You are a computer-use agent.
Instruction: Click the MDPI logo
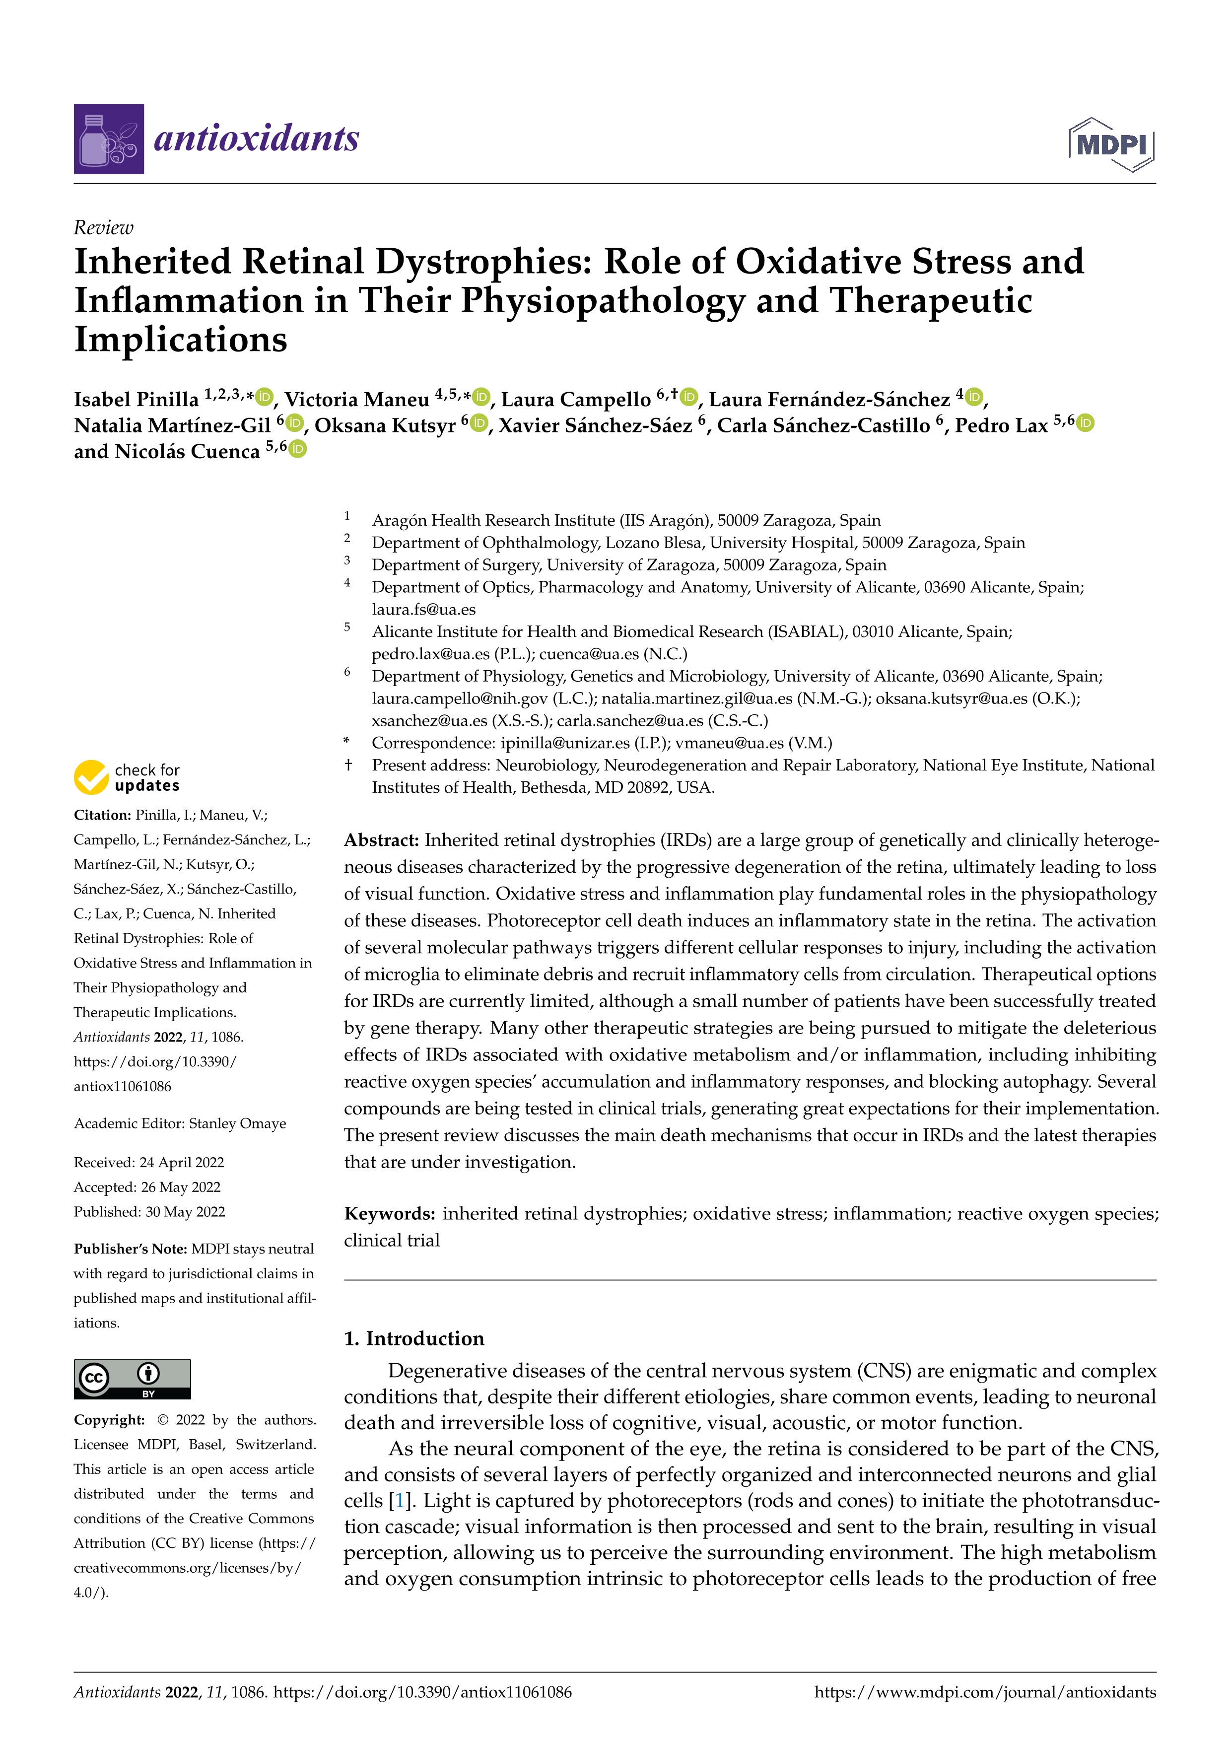pyautogui.click(x=1111, y=144)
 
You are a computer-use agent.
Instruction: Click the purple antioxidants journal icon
pyautogui.click(x=108, y=139)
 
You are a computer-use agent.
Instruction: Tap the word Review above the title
pyautogui.click(x=103, y=227)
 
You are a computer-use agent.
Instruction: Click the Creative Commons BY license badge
pyautogui.click(x=132, y=1379)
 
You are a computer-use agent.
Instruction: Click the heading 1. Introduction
pyautogui.click(x=414, y=1338)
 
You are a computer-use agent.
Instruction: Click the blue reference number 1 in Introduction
pyautogui.click(x=398, y=1501)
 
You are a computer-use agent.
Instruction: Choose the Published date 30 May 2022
pyautogui.click(x=185, y=1212)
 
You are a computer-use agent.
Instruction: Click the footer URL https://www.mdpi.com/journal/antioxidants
pyautogui.click(x=985, y=1692)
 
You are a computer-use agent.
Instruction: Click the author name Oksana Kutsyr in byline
pyautogui.click(x=384, y=425)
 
